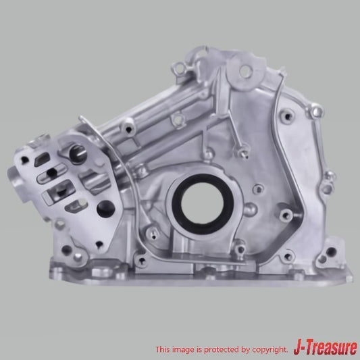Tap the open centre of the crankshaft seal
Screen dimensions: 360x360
[202, 205]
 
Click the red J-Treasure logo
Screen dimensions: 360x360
[326, 348]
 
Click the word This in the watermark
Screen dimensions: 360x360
[163, 349]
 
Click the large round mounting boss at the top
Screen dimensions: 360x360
[246, 71]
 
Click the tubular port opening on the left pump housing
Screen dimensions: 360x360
[78, 153]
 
